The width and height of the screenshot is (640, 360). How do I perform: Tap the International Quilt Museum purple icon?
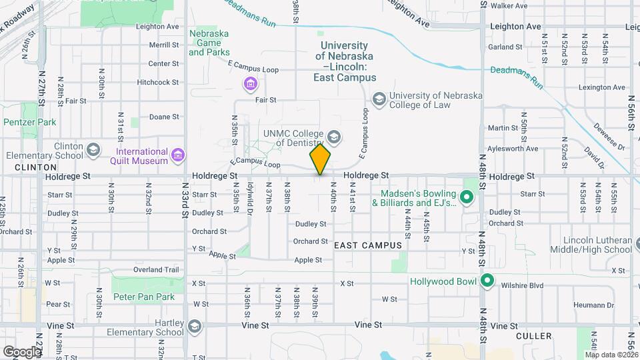click(178, 155)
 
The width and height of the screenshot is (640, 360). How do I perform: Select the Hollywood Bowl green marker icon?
click(487, 281)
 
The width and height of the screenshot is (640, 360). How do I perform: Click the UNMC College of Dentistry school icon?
click(334, 138)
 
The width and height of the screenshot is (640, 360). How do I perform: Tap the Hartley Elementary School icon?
click(193, 327)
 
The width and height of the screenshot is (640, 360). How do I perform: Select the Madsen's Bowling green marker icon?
click(467, 197)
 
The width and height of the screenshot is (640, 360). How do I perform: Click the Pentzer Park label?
click(30, 123)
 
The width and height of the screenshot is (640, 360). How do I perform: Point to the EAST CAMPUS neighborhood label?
click(368, 245)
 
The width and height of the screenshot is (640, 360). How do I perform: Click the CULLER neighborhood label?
click(534, 336)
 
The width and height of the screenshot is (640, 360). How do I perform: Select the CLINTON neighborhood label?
click(35, 167)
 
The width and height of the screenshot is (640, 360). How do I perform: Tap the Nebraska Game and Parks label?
click(209, 43)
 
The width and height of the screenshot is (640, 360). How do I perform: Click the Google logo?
click(22, 351)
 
